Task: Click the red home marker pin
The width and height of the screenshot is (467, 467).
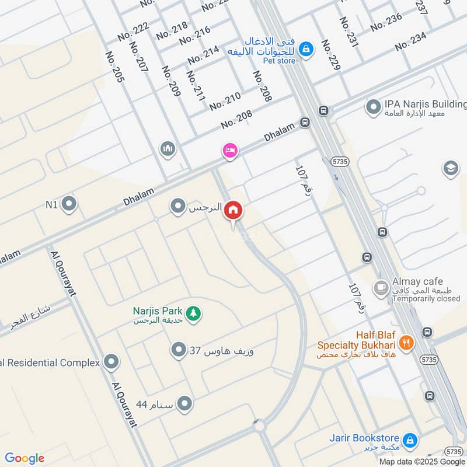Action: point(233,210)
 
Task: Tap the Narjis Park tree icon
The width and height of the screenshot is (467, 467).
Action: point(194,314)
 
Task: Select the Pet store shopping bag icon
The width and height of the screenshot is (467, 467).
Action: point(305,50)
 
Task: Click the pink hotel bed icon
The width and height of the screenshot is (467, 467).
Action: point(230,151)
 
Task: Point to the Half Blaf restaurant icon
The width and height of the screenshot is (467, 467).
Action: point(407,342)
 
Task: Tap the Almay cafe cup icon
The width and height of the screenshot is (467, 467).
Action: point(381,287)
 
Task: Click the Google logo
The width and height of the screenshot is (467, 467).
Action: point(25,458)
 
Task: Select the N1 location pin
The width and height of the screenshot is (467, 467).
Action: point(69,204)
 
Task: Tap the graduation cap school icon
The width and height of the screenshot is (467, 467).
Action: point(450,168)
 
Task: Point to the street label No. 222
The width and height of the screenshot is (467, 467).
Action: point(133,30)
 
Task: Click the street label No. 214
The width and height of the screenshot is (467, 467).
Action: point(204,54)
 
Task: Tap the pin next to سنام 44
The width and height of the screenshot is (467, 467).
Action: point(185,404)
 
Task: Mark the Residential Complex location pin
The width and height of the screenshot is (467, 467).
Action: point(111,363)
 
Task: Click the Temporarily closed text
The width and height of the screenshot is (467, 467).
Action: point(426,298)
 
